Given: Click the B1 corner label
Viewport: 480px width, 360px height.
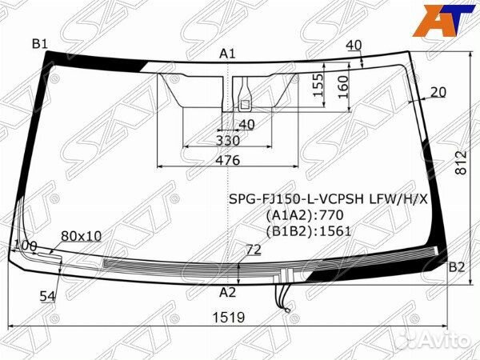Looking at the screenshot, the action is [x=40, y=44].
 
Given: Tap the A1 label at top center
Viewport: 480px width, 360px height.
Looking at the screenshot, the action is [x=227, y=54].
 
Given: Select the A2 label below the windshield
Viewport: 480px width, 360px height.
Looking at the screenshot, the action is [x=227, y=292].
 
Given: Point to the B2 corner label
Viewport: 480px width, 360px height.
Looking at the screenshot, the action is [x=457, y=267].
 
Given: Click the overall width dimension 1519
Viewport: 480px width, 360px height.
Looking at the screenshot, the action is [x=229, y=318].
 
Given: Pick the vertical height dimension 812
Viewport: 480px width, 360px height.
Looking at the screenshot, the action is [x=461, y=162].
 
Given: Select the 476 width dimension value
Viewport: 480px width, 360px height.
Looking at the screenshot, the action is [x=228, y=160].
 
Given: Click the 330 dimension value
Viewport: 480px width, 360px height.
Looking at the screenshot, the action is [x=228, y=141].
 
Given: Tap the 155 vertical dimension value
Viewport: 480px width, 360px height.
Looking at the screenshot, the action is [x=318, y=85].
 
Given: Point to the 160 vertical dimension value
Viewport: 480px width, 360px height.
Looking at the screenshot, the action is [x=343, y=87].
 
